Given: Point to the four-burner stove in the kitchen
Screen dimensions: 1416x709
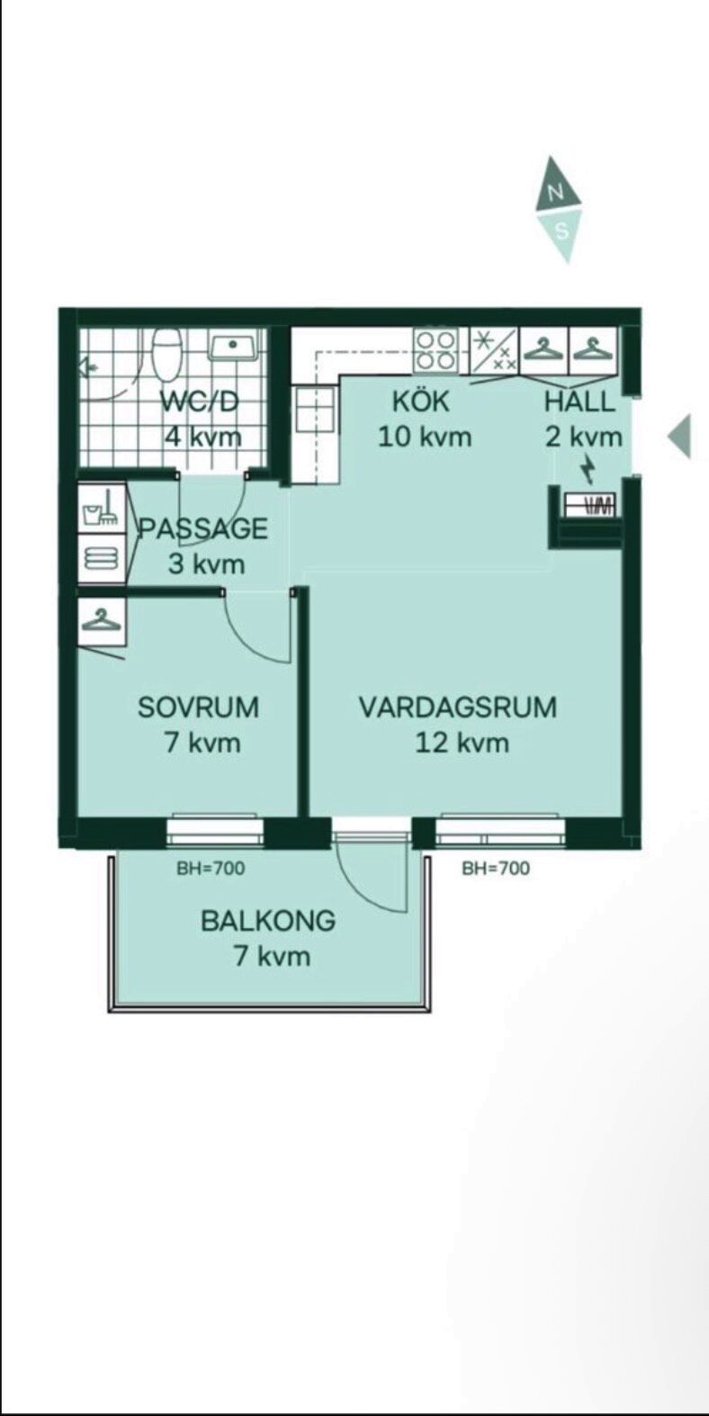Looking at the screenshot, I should click(436, 350).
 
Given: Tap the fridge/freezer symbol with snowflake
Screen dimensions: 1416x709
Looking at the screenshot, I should click(495, 350).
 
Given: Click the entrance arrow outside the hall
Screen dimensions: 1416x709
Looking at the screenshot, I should click(680, 436).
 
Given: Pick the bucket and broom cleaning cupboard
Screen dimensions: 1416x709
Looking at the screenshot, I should click(100, 508).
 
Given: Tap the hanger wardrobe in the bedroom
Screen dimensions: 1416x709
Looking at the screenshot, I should click(101, 621).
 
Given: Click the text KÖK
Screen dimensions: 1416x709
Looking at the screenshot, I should click(420, 401).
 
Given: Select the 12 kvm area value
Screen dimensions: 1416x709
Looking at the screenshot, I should click(462, 743).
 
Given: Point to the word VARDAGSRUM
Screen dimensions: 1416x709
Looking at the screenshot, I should click(457, 707).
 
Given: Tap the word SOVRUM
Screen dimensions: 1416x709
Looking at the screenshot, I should click(198, 707).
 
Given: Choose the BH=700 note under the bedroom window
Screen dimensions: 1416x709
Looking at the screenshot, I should click(211, 869).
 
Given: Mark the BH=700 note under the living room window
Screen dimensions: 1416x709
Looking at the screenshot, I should click(495, 869).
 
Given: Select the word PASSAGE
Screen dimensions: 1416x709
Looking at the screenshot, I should click(203, 528).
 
